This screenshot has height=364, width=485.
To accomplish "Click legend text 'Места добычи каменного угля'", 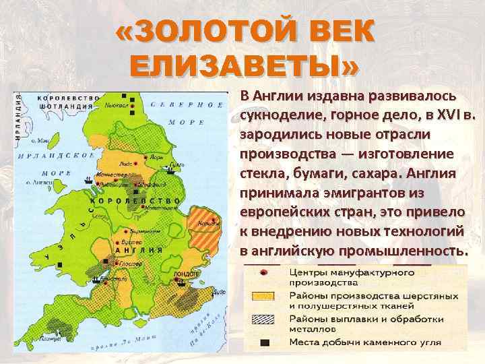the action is (368, 342).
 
